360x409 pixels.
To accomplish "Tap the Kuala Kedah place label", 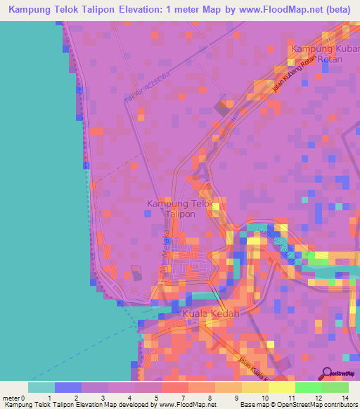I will pos(211,313).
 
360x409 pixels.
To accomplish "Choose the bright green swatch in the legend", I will pos(309,387).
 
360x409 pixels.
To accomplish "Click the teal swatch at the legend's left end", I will pos(41,387).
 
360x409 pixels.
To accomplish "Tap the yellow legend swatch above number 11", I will pos(282,387).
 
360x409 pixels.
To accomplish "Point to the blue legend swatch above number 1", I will pos(68,387).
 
